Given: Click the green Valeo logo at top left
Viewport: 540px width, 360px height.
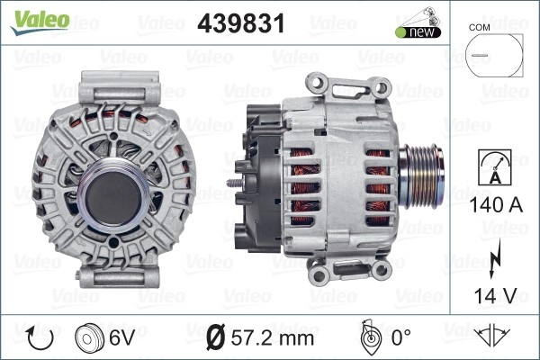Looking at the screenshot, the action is click(x=40, y=22).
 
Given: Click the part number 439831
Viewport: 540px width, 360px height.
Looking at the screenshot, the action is click(x=241, y=23).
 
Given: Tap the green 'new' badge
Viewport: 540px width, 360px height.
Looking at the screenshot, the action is click(x=418, y=32).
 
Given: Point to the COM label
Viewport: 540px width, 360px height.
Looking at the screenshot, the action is click(x=479, y=28).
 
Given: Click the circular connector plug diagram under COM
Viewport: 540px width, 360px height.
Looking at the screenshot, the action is click(x=494, y=55).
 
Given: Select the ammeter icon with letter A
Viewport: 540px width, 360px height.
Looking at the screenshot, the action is click(x=495, y=167).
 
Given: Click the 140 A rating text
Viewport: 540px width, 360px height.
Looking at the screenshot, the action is click(x=496, y=205).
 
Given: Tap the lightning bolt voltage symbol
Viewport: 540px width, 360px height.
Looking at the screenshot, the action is click(x=494, y=259).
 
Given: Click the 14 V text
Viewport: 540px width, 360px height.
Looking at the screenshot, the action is click(x=496, y=296).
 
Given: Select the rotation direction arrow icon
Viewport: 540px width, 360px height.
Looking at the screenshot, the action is click(x=40, y=338).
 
